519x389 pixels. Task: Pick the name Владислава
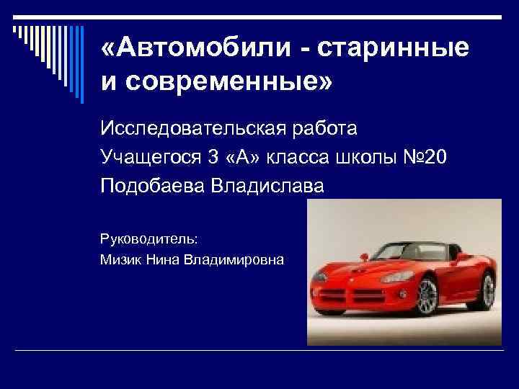pos(268,186)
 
